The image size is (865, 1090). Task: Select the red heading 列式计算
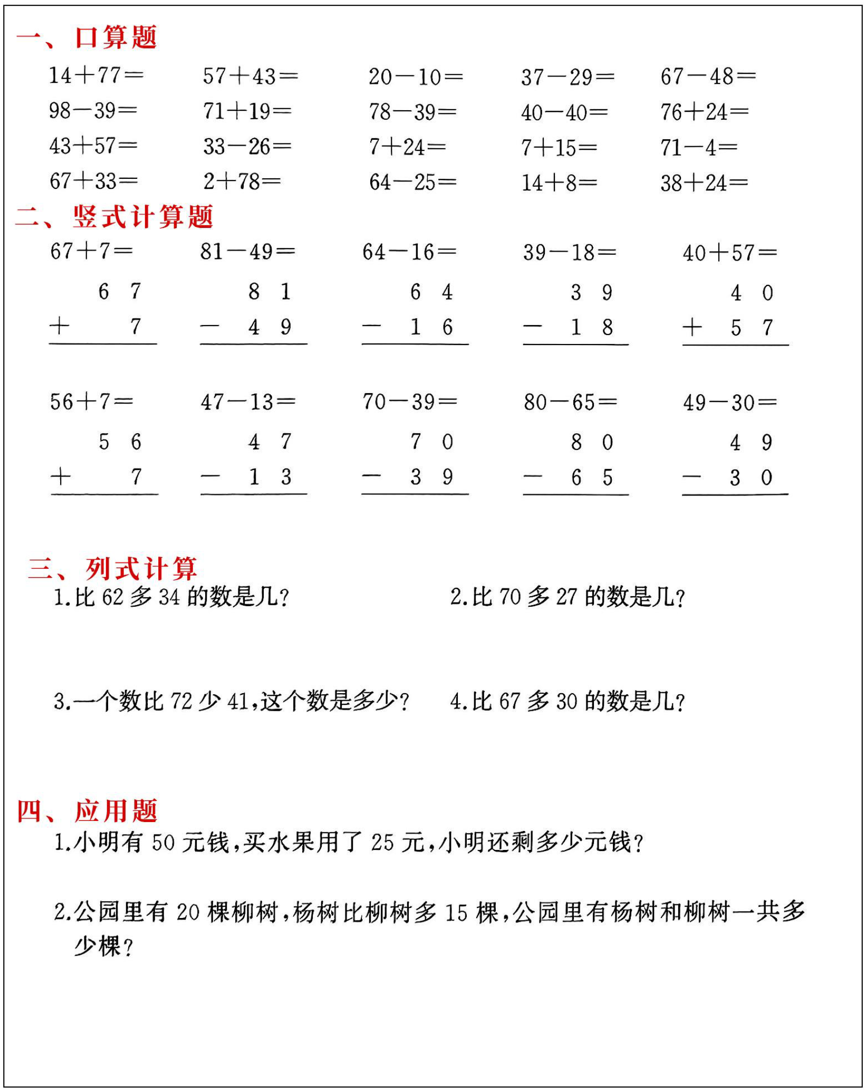click(x=141, y=569)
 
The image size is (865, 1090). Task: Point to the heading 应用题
click(x=116, y=811)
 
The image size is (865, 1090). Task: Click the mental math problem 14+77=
click(x=96, y=75)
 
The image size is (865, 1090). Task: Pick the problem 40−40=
click(x=564, y=112)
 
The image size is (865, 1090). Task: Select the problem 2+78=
click(x=242, y=182)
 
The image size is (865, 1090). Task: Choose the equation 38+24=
click(x=704, y=183)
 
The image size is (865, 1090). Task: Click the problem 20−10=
click(x=416, y=77)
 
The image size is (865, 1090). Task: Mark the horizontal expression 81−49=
click(x=247, y=252)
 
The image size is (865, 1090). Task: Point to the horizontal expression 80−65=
click(x=570, y=403)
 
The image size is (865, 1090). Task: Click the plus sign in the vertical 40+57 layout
click(x=692, y=328)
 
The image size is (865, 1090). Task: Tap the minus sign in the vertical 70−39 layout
click(x=371, y=476)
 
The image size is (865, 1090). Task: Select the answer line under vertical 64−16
click(x=415, y=345)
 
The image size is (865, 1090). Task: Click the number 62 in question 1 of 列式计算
click(x=112, y=597)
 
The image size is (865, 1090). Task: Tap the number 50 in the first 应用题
click(x=163, y=843)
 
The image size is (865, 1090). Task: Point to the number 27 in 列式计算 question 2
click(x=566, y=597)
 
